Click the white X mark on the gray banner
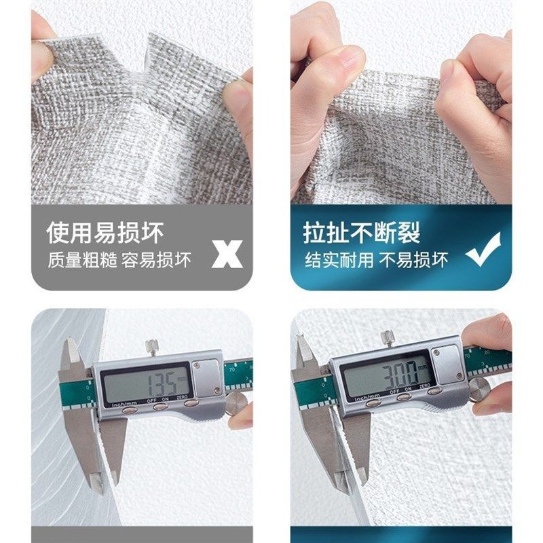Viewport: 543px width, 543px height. pos(227,254)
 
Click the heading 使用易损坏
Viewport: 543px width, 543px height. pos(105,233)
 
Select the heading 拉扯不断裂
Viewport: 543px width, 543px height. pos(362,233)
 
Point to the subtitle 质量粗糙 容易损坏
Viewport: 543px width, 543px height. pos(119,259)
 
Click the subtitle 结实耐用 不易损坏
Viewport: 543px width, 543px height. pos(376,259)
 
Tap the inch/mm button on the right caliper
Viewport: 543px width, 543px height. pos(373,402)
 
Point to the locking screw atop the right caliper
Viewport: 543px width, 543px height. pos(388,337)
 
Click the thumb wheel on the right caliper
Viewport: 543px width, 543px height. pos(479,390)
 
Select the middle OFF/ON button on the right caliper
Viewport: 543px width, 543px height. pos(402,397)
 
